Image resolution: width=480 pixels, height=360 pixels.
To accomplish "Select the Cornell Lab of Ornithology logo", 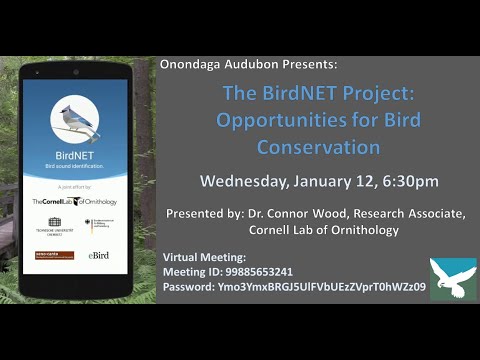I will pyautogui.click(x=74, y=201).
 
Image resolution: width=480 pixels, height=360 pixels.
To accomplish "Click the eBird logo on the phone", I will pyautogui.click(x=98, y=256).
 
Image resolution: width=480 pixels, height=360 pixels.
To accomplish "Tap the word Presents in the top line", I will pyautogui.click(x=308, y=62).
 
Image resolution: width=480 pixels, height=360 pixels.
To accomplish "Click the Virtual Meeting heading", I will pyautogui.click(x=204, y=257).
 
